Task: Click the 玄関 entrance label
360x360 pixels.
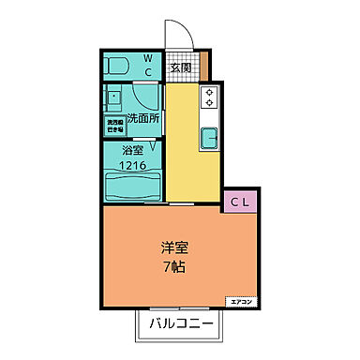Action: pos(182,67)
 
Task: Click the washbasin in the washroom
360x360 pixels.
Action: pos(113,98)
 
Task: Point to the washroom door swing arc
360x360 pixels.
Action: pos(148,97)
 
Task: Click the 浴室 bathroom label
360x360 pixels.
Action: pos(131,150)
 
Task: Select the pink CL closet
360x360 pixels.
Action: pos(240,201)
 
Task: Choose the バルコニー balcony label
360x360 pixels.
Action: pos(183,325)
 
